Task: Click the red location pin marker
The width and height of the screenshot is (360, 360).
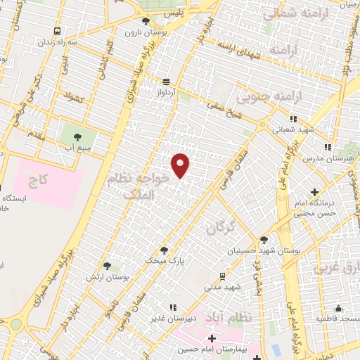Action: click(x=181, y=165)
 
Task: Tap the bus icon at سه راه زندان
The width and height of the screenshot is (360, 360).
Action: click(x=56, y=32)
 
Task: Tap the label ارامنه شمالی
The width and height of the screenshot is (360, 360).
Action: click(x=287, y=13)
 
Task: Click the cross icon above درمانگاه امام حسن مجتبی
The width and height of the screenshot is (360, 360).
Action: click(x=314, y=192)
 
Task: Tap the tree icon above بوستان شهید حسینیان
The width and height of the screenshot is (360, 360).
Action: click(x=264, y=239)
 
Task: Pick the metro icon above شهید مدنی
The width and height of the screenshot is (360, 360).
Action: click(x=222, y=276)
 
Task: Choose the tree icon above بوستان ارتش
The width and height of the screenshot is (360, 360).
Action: click(x=107, y=266)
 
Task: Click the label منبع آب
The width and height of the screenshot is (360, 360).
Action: click(x=77, y=147)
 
